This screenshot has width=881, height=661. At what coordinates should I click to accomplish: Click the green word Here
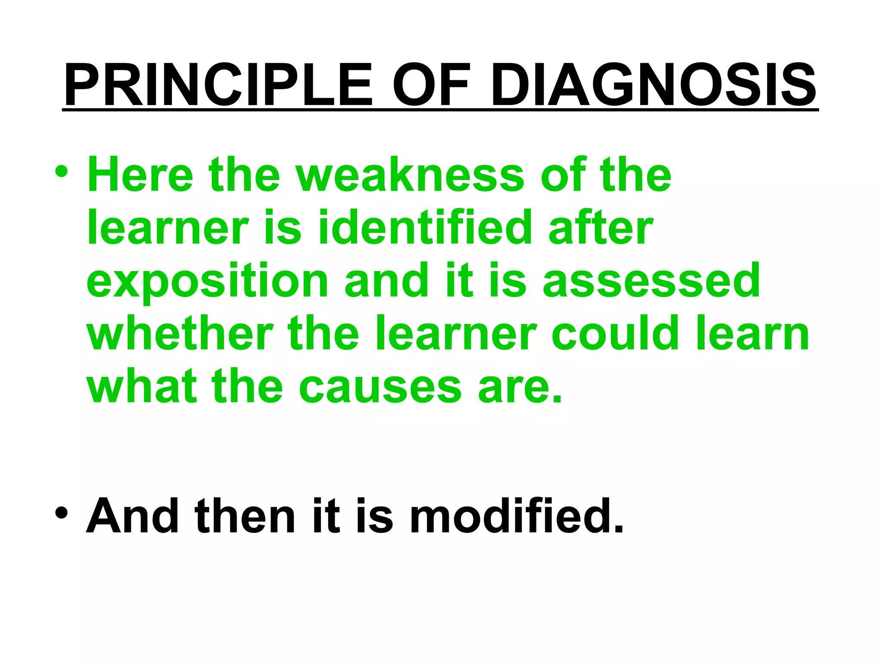pos(140,175)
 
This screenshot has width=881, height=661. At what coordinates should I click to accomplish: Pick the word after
pos(601,228)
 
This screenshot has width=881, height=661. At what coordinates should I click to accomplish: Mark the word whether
pos(180,334)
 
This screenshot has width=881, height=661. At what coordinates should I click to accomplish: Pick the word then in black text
pos(245,516)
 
